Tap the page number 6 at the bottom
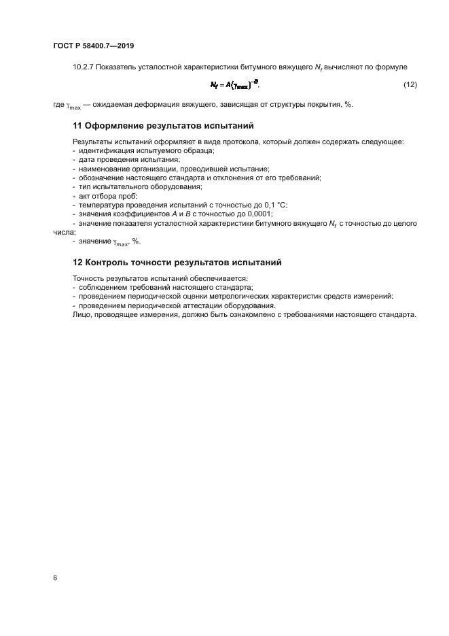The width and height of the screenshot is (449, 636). (x=54, y=578)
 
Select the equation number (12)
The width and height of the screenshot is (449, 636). (x=410, y=85)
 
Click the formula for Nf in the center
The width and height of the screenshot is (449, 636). (x=234, y=85)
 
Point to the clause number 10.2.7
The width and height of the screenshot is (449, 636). (x=84, y=66)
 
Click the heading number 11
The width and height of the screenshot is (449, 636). (x=77, y=125)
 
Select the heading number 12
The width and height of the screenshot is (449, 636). (x=77, y=262)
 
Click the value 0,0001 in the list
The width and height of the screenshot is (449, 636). (x=257, y=214)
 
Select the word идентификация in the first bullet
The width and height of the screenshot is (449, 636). (x=104, y=151)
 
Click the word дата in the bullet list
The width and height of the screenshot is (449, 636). (x=88, y=160)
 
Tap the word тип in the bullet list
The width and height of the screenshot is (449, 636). (x=85, y=187)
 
